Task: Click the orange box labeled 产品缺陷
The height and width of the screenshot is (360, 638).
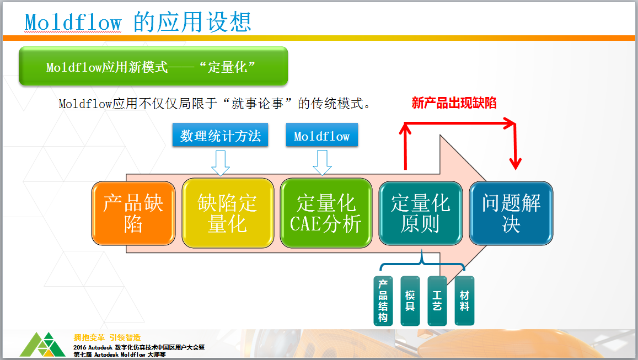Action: (x=133, y=213)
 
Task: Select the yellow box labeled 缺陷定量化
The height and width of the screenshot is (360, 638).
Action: (x=227, y=213)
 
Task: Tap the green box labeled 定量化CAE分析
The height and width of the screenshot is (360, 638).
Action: (x=326, y=213)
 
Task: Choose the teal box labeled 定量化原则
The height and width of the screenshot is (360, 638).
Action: (x=420, y=213)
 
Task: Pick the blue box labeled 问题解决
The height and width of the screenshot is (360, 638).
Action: (x=511, y=213)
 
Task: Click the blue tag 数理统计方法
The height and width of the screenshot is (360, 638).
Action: (x=220, y=135)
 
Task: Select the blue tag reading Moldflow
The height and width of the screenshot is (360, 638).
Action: (x=322, y=135)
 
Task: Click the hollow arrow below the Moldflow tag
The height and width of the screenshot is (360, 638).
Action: (x=322, y=163)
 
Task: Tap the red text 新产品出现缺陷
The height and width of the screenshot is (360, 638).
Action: (x=454, y=103)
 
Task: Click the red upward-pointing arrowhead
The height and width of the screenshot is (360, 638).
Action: (x=405, y=128)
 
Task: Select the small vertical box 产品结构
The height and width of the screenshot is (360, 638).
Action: (x=383, y=301)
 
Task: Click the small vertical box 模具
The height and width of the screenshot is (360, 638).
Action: (x=410, y=301)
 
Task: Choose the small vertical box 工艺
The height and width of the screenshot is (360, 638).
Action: (x=437, y=301)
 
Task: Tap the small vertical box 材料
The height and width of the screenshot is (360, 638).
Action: (x=464, y=301)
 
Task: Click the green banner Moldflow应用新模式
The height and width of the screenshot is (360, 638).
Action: (x=153, y=66)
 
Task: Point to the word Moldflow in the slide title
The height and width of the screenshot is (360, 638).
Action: (x=73, y=22)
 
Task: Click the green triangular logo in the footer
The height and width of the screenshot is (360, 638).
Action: (x=42, y=345)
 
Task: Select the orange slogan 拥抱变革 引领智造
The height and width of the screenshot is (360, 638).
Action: (x=107, y=337)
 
